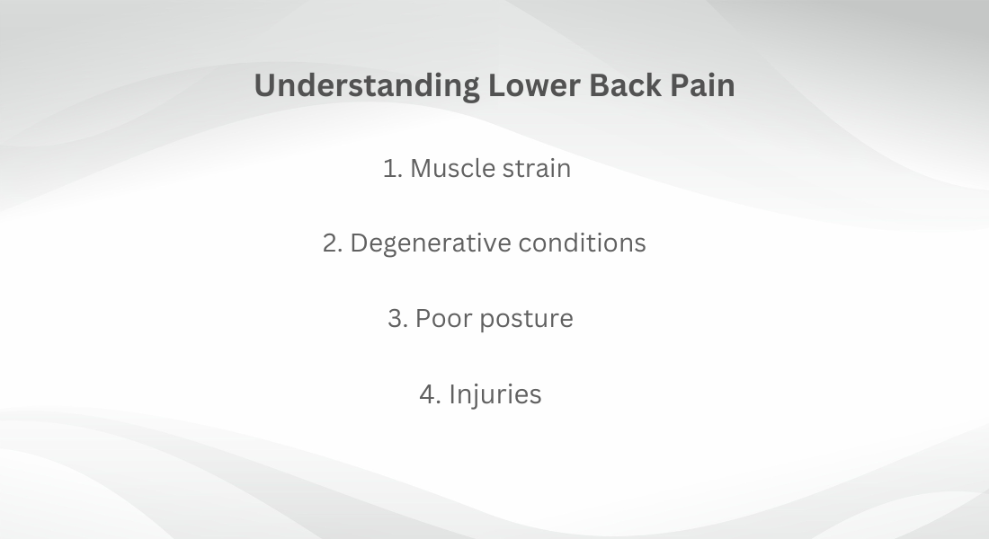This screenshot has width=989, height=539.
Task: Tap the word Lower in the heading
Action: tap(534, 85)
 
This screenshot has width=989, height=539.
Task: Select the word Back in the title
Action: tap(625, 85)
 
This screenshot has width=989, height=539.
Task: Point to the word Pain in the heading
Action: tap(703, 85)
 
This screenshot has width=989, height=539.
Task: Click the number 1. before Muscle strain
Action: tap(393, 168)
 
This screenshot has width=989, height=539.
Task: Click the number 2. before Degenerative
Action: tap(333, 243)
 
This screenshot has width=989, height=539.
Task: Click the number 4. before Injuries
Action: tap(431, 394)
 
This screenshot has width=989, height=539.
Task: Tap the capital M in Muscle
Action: tap(423, 168)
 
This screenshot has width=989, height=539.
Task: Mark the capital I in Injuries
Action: tap(451, 394)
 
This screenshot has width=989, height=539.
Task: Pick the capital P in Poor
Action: tap(423, 318)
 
